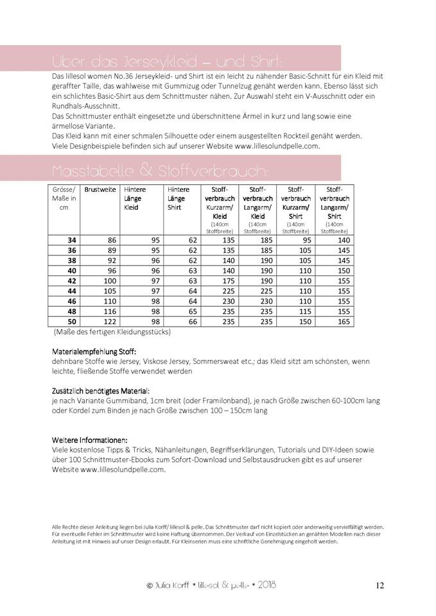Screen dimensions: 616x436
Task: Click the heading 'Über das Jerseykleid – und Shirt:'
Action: pos(166,62)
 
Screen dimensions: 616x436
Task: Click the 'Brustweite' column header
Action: pos(100,191)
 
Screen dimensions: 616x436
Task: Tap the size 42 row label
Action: pos(72,280)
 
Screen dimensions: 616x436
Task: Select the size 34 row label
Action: pos(72,239)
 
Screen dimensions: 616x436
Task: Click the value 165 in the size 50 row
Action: pos(344,321)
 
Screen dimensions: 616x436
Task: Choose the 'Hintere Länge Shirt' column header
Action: pos(178,198)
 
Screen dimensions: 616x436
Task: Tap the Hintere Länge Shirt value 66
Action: pos(192,321)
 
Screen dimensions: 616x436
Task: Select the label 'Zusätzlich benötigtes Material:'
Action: pos(101,390)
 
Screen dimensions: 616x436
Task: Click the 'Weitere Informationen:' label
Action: pos(90,440)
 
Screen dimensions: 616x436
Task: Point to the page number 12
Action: pos(379,585)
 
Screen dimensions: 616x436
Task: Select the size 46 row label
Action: pos(72,301)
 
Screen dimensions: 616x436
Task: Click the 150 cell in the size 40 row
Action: pos(344,270)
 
